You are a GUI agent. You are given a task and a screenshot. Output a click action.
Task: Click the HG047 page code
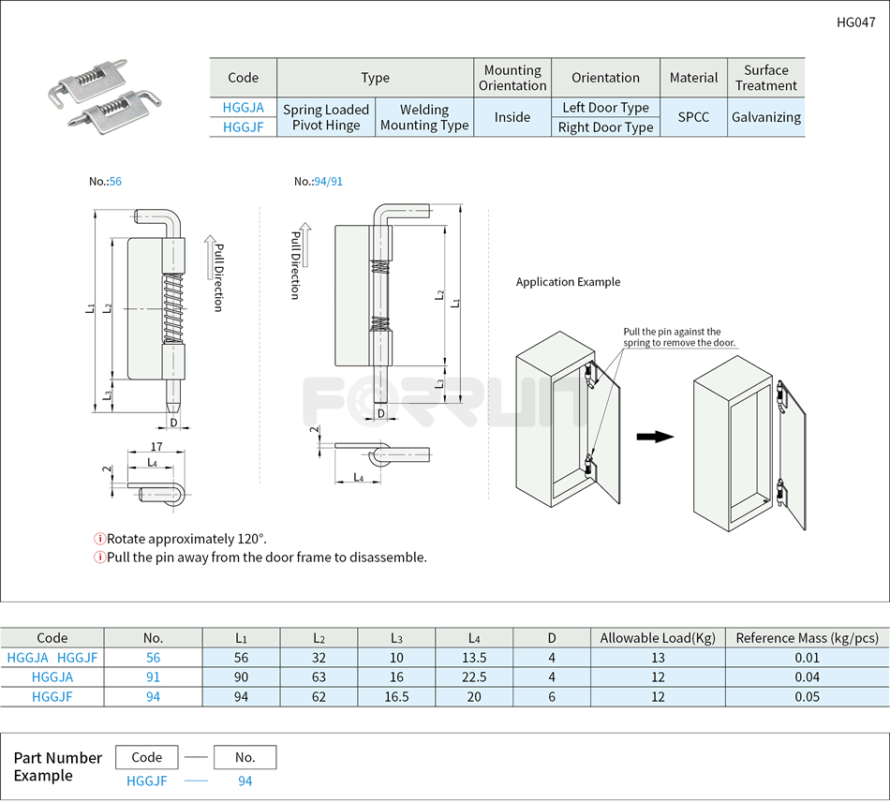click(x=855, y=22)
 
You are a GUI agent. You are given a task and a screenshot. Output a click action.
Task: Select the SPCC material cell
click(x=693, y=117)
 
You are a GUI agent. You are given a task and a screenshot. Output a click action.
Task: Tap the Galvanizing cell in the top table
click(x=765, y=117)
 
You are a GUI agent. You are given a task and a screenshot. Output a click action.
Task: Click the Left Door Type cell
click(x=605, y=108)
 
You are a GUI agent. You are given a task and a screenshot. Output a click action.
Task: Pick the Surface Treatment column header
click(x=765, y=78)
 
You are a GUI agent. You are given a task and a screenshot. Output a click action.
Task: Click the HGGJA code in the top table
click(x=243, y=108)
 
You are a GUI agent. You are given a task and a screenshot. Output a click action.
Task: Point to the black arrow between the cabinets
click(x=655, y=437)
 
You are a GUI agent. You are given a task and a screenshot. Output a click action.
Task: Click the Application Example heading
click(x=568, y=282)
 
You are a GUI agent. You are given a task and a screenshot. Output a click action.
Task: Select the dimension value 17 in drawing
click(x=156, y=447)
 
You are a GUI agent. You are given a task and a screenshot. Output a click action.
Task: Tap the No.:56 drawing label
click(x=105, y=181)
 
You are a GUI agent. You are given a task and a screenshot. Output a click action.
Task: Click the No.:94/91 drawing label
click(x=319, y=181)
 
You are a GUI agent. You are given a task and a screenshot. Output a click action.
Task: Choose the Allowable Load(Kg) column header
click(x=658, y=638)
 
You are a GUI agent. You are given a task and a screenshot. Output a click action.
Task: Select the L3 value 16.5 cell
click(x=396, y=696)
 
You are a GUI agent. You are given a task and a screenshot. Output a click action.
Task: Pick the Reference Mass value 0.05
click(x=807, y=696)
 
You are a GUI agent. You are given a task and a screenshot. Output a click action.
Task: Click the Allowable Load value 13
click(x=658, y=658)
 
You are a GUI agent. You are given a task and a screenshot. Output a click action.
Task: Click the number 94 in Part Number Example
click(x=245, y=781)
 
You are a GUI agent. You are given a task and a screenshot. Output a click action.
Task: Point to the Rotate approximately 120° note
click(x=185, y=539)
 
